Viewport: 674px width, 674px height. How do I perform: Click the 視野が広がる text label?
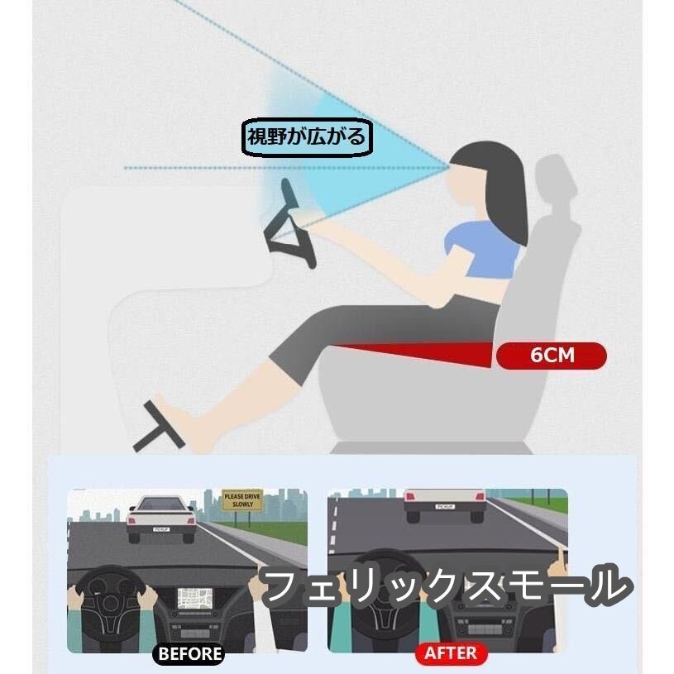(x=307, y=137)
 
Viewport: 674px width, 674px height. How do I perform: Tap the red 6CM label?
(x=552, y=356)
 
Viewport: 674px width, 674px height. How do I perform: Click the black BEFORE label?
(x=189, y=653)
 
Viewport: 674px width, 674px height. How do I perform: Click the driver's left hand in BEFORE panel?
(x=78, y=600)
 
